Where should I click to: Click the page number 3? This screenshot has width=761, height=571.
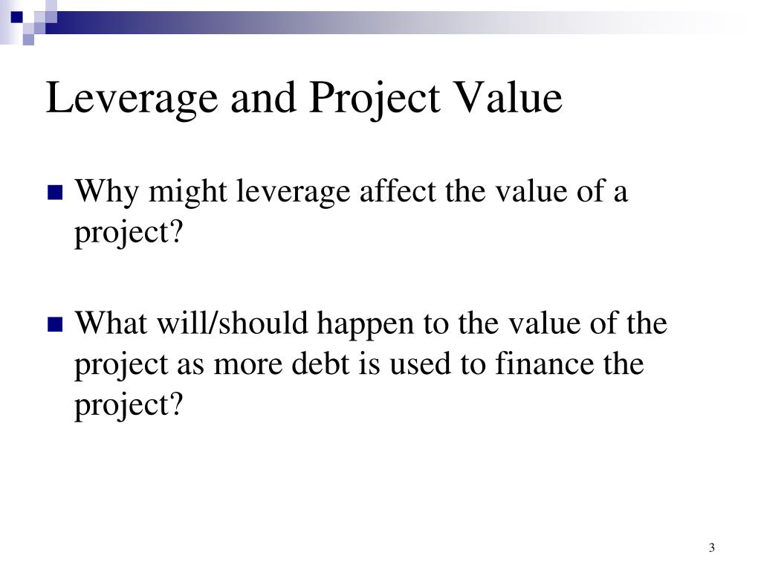pos(711,548)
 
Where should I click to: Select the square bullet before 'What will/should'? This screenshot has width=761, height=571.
pos(54,325)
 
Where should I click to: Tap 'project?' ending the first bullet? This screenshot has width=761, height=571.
pos(128,234)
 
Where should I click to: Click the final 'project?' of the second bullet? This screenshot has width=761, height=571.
pos(128,406)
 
